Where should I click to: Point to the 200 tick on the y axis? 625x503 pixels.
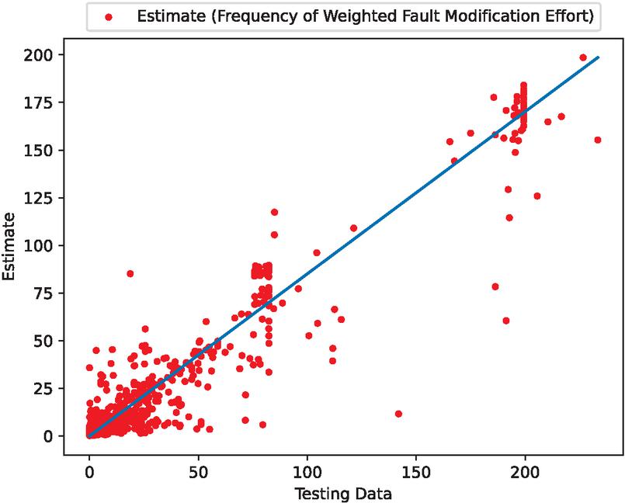tap(54, 55)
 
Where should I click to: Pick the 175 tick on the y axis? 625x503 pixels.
tap(54, 102)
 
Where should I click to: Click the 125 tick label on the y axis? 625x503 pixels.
tap(54, 198)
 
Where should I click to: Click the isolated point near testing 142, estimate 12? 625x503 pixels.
tap(398, 414)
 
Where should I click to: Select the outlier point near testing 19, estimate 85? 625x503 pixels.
tap(130, 273)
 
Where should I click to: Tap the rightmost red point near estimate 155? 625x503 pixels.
tap(597, 140)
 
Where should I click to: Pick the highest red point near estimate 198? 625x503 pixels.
tap(583, 57)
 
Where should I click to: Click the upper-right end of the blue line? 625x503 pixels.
tap(598, 57)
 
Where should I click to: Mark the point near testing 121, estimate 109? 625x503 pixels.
tap(353, 228)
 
